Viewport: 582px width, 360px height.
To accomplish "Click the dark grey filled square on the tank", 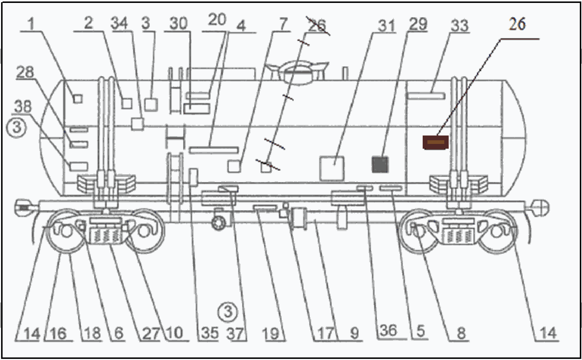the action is coord(380,165).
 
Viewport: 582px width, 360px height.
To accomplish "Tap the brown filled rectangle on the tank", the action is coord(436,142).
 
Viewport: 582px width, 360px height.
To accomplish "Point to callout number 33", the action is coord(460,26).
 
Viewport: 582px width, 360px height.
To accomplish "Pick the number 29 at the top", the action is coord(418,24).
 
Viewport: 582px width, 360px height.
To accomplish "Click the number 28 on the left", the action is coord(25,72).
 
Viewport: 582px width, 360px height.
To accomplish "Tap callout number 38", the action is coord(23,107).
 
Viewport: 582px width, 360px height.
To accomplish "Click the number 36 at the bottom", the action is coord(389,331).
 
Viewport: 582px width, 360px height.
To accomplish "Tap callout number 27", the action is coord(151,333).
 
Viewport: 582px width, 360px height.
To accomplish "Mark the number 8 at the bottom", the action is coord(461,333).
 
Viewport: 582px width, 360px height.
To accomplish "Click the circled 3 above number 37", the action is coord(227,311).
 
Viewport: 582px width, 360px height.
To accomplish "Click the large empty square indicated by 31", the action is coord(332,168).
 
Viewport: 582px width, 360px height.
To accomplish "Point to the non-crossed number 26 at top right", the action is coord(517,24).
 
